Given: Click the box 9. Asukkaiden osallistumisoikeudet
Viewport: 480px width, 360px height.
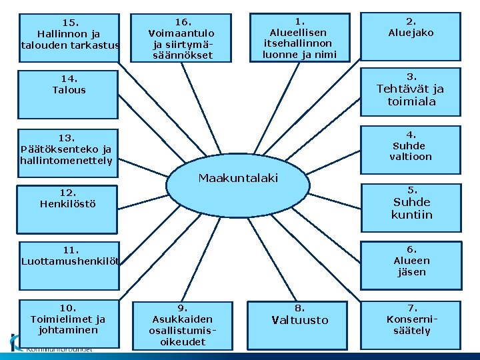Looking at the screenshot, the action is click(182, 325).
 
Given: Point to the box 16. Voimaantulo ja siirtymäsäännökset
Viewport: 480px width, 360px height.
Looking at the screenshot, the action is click(182, 37).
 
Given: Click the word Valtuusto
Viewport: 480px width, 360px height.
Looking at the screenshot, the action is click(300, 320).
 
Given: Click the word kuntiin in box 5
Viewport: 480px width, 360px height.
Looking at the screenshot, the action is click(412, 215).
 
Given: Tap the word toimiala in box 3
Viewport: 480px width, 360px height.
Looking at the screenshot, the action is click(412, 101).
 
